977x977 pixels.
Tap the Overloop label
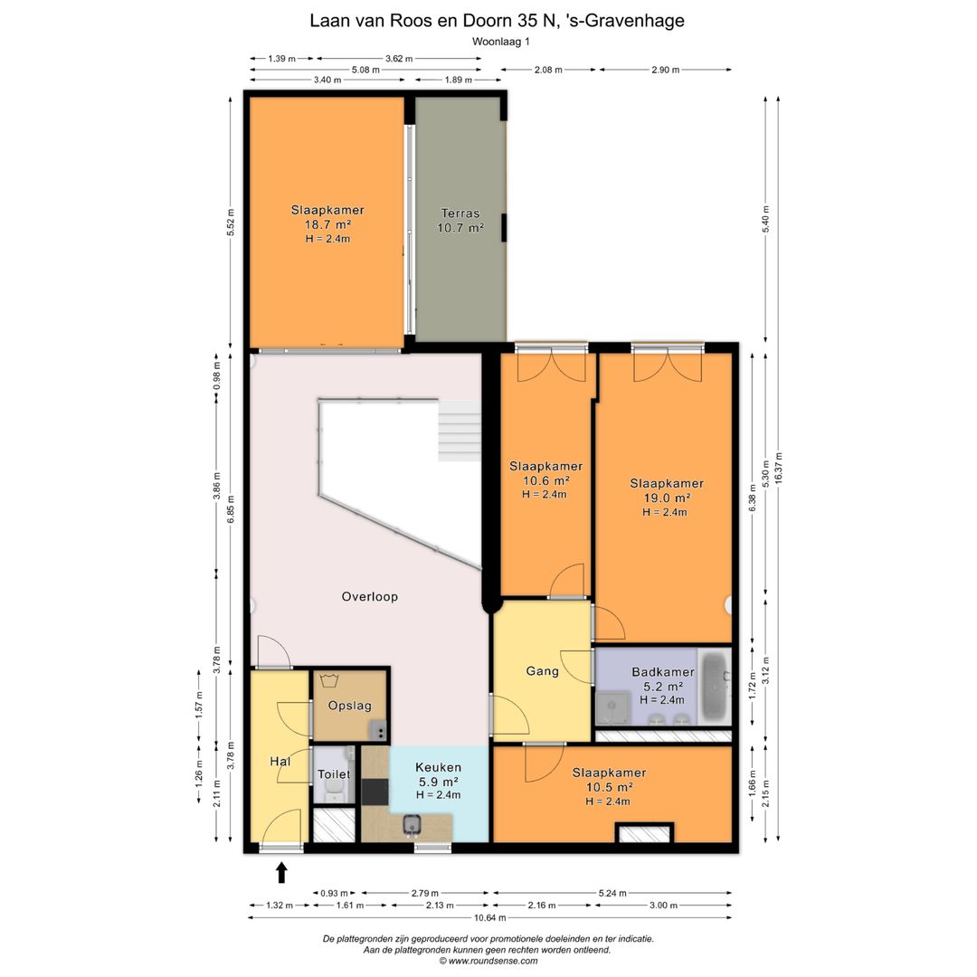click(369, 596)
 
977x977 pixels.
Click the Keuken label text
click(439, 767)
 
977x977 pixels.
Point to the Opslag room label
click(349, 706)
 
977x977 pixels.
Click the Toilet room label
click(334, 773)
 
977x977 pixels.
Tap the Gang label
click(542, 671)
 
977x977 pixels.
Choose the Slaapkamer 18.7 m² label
click(327, 223)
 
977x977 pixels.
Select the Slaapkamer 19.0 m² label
click(667, 498)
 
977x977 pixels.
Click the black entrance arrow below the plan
click(281, 872)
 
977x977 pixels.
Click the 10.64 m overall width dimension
click(489, 917)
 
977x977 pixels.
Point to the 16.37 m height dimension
click(778, 469)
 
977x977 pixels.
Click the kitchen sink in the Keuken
click(412, 824)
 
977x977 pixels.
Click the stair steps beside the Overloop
click(460, 430)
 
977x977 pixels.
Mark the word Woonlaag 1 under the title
click(501, 42)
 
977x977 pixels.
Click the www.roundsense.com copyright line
click(488, 961)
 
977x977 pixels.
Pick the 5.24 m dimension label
click(612, 893)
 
